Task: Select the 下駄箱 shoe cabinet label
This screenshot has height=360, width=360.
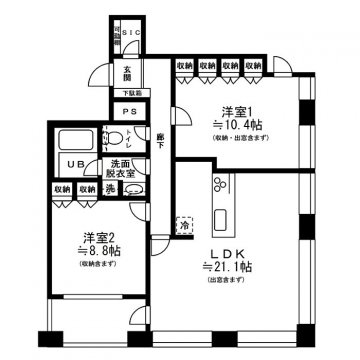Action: (132, 93)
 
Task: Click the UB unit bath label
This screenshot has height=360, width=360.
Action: (73, 166)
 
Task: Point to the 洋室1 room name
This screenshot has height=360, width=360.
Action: (235, 112)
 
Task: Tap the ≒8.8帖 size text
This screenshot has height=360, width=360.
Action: (94, 252)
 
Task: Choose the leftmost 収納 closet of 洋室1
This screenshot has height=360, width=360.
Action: (184, 66)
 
